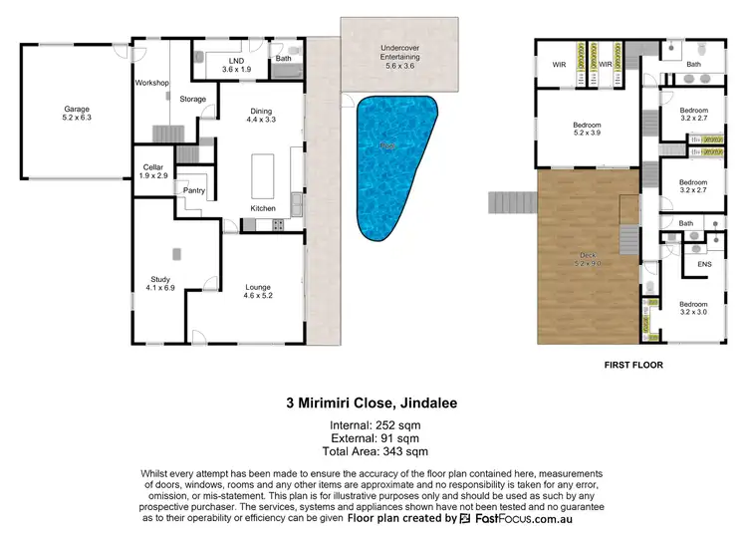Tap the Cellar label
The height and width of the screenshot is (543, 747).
tap(152, 170)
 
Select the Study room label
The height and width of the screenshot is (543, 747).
tap(161, 282)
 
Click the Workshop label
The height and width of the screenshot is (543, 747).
tap(152, 83)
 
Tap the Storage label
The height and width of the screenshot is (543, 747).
tap(193, 99)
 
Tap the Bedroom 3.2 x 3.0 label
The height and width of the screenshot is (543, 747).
tap(693, 308)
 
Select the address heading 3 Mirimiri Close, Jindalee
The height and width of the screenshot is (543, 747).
tap(373, 406)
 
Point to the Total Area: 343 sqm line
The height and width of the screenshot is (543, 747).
tap(373, 451)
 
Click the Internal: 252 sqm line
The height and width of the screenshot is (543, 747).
tap(373, 426)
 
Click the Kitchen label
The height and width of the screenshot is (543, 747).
tap(263, 208)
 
